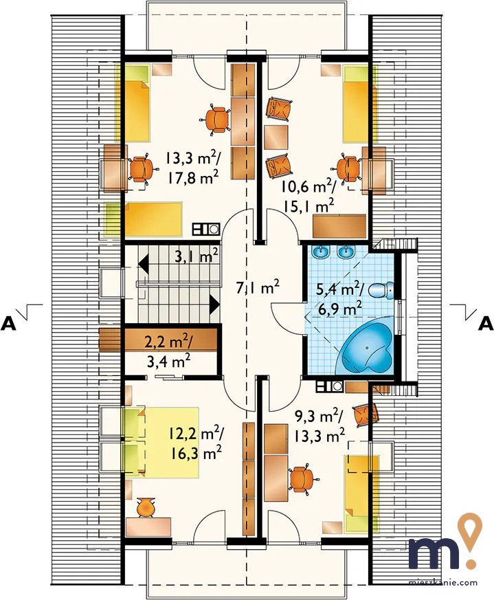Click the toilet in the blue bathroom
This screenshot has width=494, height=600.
coord(381,290)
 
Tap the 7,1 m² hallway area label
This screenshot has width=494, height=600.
coord(257,288)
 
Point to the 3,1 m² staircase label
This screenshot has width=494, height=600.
coord(197,255)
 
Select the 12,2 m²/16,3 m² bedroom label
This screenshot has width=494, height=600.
coord(196,443)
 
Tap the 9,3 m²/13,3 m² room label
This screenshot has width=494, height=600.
coord(319,426)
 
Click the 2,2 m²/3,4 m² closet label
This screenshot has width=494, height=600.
coord(169,351)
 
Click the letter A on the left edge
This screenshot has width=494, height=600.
coord(9,324)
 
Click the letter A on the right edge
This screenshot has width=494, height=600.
coord(486,324)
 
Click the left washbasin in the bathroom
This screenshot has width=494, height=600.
coord(320,252)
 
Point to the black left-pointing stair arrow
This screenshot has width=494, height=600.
coord(144,264)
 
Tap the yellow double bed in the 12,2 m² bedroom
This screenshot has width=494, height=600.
coord(161,443)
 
